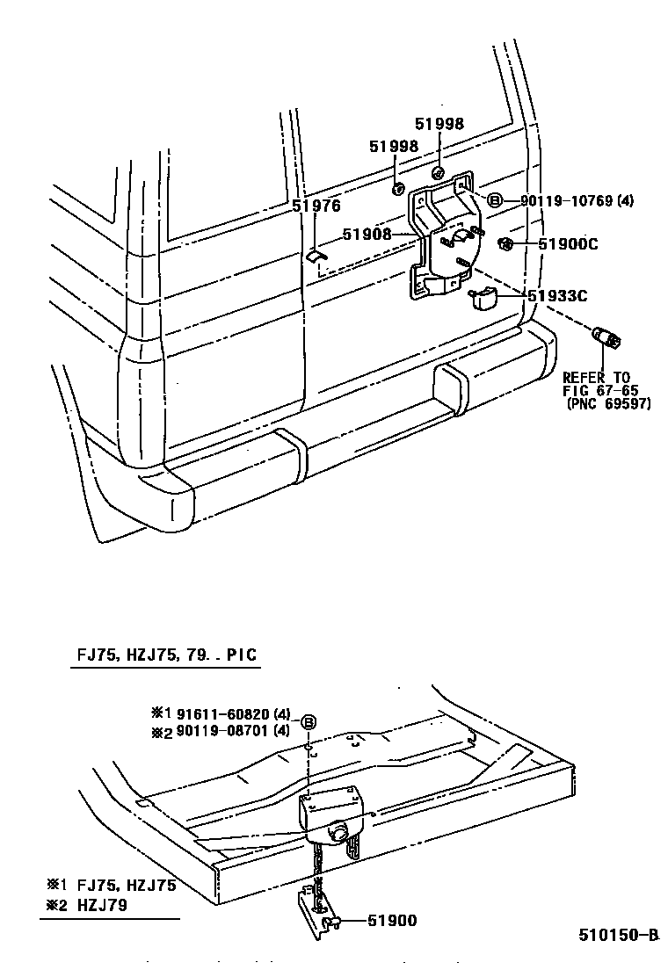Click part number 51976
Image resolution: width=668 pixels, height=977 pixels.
(x=316, y=206)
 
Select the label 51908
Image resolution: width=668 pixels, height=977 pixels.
(x=366, y=234)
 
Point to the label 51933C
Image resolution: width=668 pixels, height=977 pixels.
(x=557, y=296)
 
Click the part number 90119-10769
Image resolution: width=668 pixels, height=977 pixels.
(x=565, y=201)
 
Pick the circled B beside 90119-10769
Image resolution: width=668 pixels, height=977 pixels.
(x=494, y=201)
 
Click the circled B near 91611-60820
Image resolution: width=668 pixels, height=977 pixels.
(x=309, y=722)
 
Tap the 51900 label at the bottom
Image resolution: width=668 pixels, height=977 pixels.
(x=392, y=921)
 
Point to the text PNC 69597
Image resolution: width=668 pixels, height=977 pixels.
(x=608, y=404)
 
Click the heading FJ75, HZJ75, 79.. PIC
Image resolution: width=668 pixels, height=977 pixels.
(x=165, y=655)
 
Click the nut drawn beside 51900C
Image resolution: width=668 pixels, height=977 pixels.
(x=505, y=243)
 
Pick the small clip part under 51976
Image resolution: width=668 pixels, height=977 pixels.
(x=315, y=257)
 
